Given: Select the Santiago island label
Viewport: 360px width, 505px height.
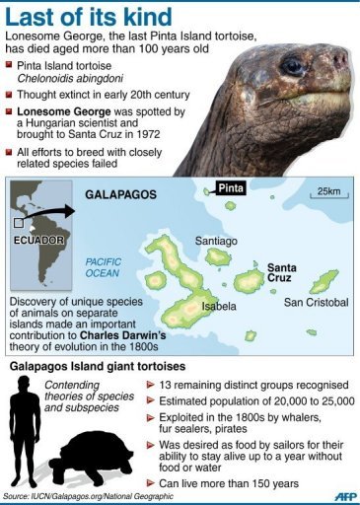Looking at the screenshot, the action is (x=216, y=240).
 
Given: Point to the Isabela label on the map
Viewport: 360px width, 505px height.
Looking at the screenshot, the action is (x=220, y=307).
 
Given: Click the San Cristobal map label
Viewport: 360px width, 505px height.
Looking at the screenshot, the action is (x=316, y=301).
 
